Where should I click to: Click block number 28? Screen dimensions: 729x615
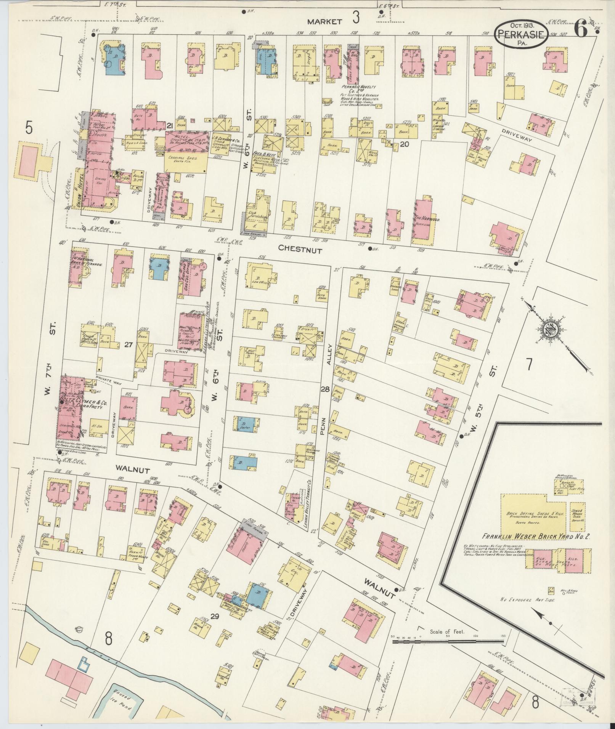pyautogui.click(x=325, y=389)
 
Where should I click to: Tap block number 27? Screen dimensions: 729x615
pyautogui.click(x=128, y=344)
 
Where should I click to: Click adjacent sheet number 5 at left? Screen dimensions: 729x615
pyautogui.click(x=29, y=128)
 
